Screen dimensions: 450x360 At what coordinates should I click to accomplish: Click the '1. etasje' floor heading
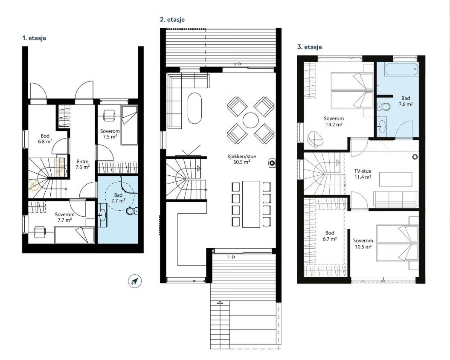coord(34,38)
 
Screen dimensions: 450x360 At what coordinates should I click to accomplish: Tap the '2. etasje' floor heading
coord(172,20)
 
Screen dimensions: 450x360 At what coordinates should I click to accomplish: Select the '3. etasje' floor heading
coord(309,47)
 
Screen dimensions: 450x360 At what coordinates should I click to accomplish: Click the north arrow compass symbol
coord(135,281)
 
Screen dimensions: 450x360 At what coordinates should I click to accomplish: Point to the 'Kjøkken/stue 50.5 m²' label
coord(241,160)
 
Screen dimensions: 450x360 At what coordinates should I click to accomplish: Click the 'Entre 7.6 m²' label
coord(82,164)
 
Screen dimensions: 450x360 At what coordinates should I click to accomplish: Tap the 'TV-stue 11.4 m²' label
coord(363,174)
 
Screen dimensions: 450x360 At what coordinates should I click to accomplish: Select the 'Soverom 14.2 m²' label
coord(334,122)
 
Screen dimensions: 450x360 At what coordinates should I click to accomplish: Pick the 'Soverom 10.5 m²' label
coord(363,244)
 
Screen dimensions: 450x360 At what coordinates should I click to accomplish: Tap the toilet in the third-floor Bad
coord(384,107)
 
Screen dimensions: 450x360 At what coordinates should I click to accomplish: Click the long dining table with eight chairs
coord(251,204)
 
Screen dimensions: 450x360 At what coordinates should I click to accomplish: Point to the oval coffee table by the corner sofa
coord(195,108)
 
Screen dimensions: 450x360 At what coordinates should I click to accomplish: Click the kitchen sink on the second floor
coord(272,163)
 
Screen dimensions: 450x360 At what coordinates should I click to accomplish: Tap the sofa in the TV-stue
coord(396,199)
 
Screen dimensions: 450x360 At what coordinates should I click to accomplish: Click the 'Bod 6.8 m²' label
coord(45,139)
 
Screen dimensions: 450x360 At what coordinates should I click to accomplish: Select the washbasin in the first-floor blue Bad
coord(102,213)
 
